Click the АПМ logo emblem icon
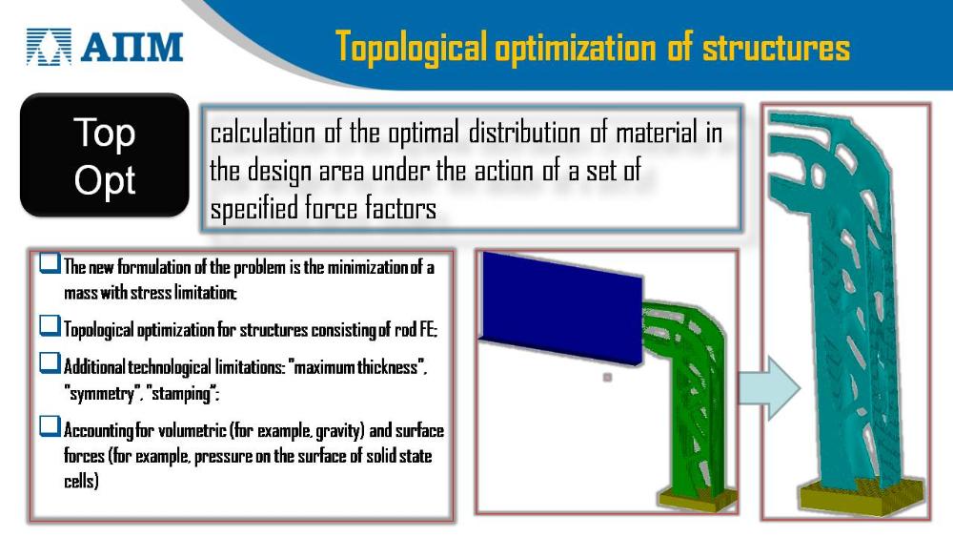coord(49,47)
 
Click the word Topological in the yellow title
coord(412,47)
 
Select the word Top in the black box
coord(105,134)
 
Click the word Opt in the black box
coord(105,180)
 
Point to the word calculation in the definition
coord(263,134)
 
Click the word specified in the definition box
coord(254,210)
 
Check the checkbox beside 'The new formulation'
coord(50,263)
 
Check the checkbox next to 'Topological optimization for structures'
coord(50,325)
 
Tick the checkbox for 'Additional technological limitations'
coord(50,363)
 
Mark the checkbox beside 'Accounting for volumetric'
coord(50,425)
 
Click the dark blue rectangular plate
coord(561,308)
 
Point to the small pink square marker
coord(607,377)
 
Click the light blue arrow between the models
coord(769,388)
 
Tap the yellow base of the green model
coord(697,498)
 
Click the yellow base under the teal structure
coord(862,495)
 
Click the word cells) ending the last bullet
coord(81,481)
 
